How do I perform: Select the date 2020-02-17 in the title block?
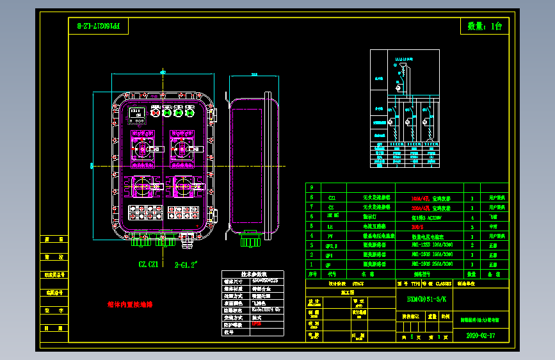point(481,335)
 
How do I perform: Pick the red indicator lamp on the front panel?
point(156,113)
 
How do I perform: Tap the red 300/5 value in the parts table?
point(417,226)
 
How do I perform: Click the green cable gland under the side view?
point(250,241)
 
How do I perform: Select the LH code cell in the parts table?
point(330,226)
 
